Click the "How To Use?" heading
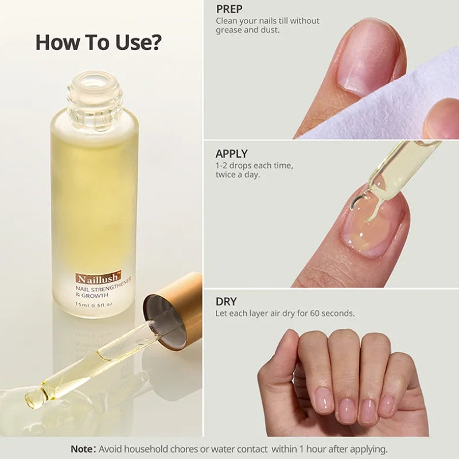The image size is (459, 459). [98, 42]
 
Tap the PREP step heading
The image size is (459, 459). [228, 10]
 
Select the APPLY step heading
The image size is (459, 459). [231, 154]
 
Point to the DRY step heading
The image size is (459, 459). [225, 301]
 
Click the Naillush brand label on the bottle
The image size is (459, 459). [98, 278]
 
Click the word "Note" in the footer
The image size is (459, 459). [82, 449]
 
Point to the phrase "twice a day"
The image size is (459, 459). [238, 174]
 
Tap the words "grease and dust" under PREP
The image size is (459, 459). [247, 30]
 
